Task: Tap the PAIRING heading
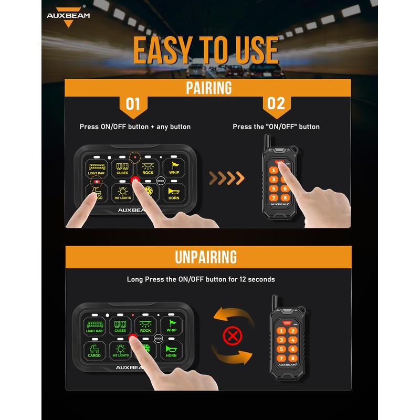208,87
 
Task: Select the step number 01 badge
133,103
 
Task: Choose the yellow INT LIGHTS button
123,193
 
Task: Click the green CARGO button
94,350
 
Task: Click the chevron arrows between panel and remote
227,178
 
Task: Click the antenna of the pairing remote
266,143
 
